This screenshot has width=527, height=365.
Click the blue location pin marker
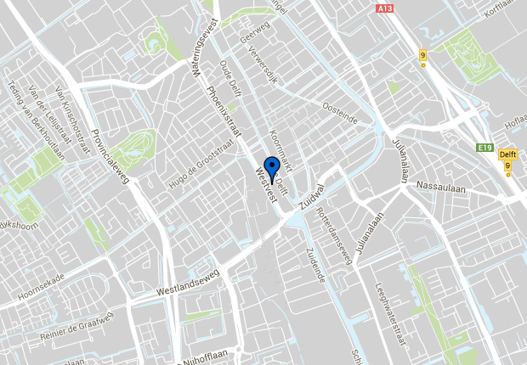tap(271, 168)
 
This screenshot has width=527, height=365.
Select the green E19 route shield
tap(484, 149)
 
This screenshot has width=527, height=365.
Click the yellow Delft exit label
tap(507, 154)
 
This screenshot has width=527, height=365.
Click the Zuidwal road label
tap(312, 196)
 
